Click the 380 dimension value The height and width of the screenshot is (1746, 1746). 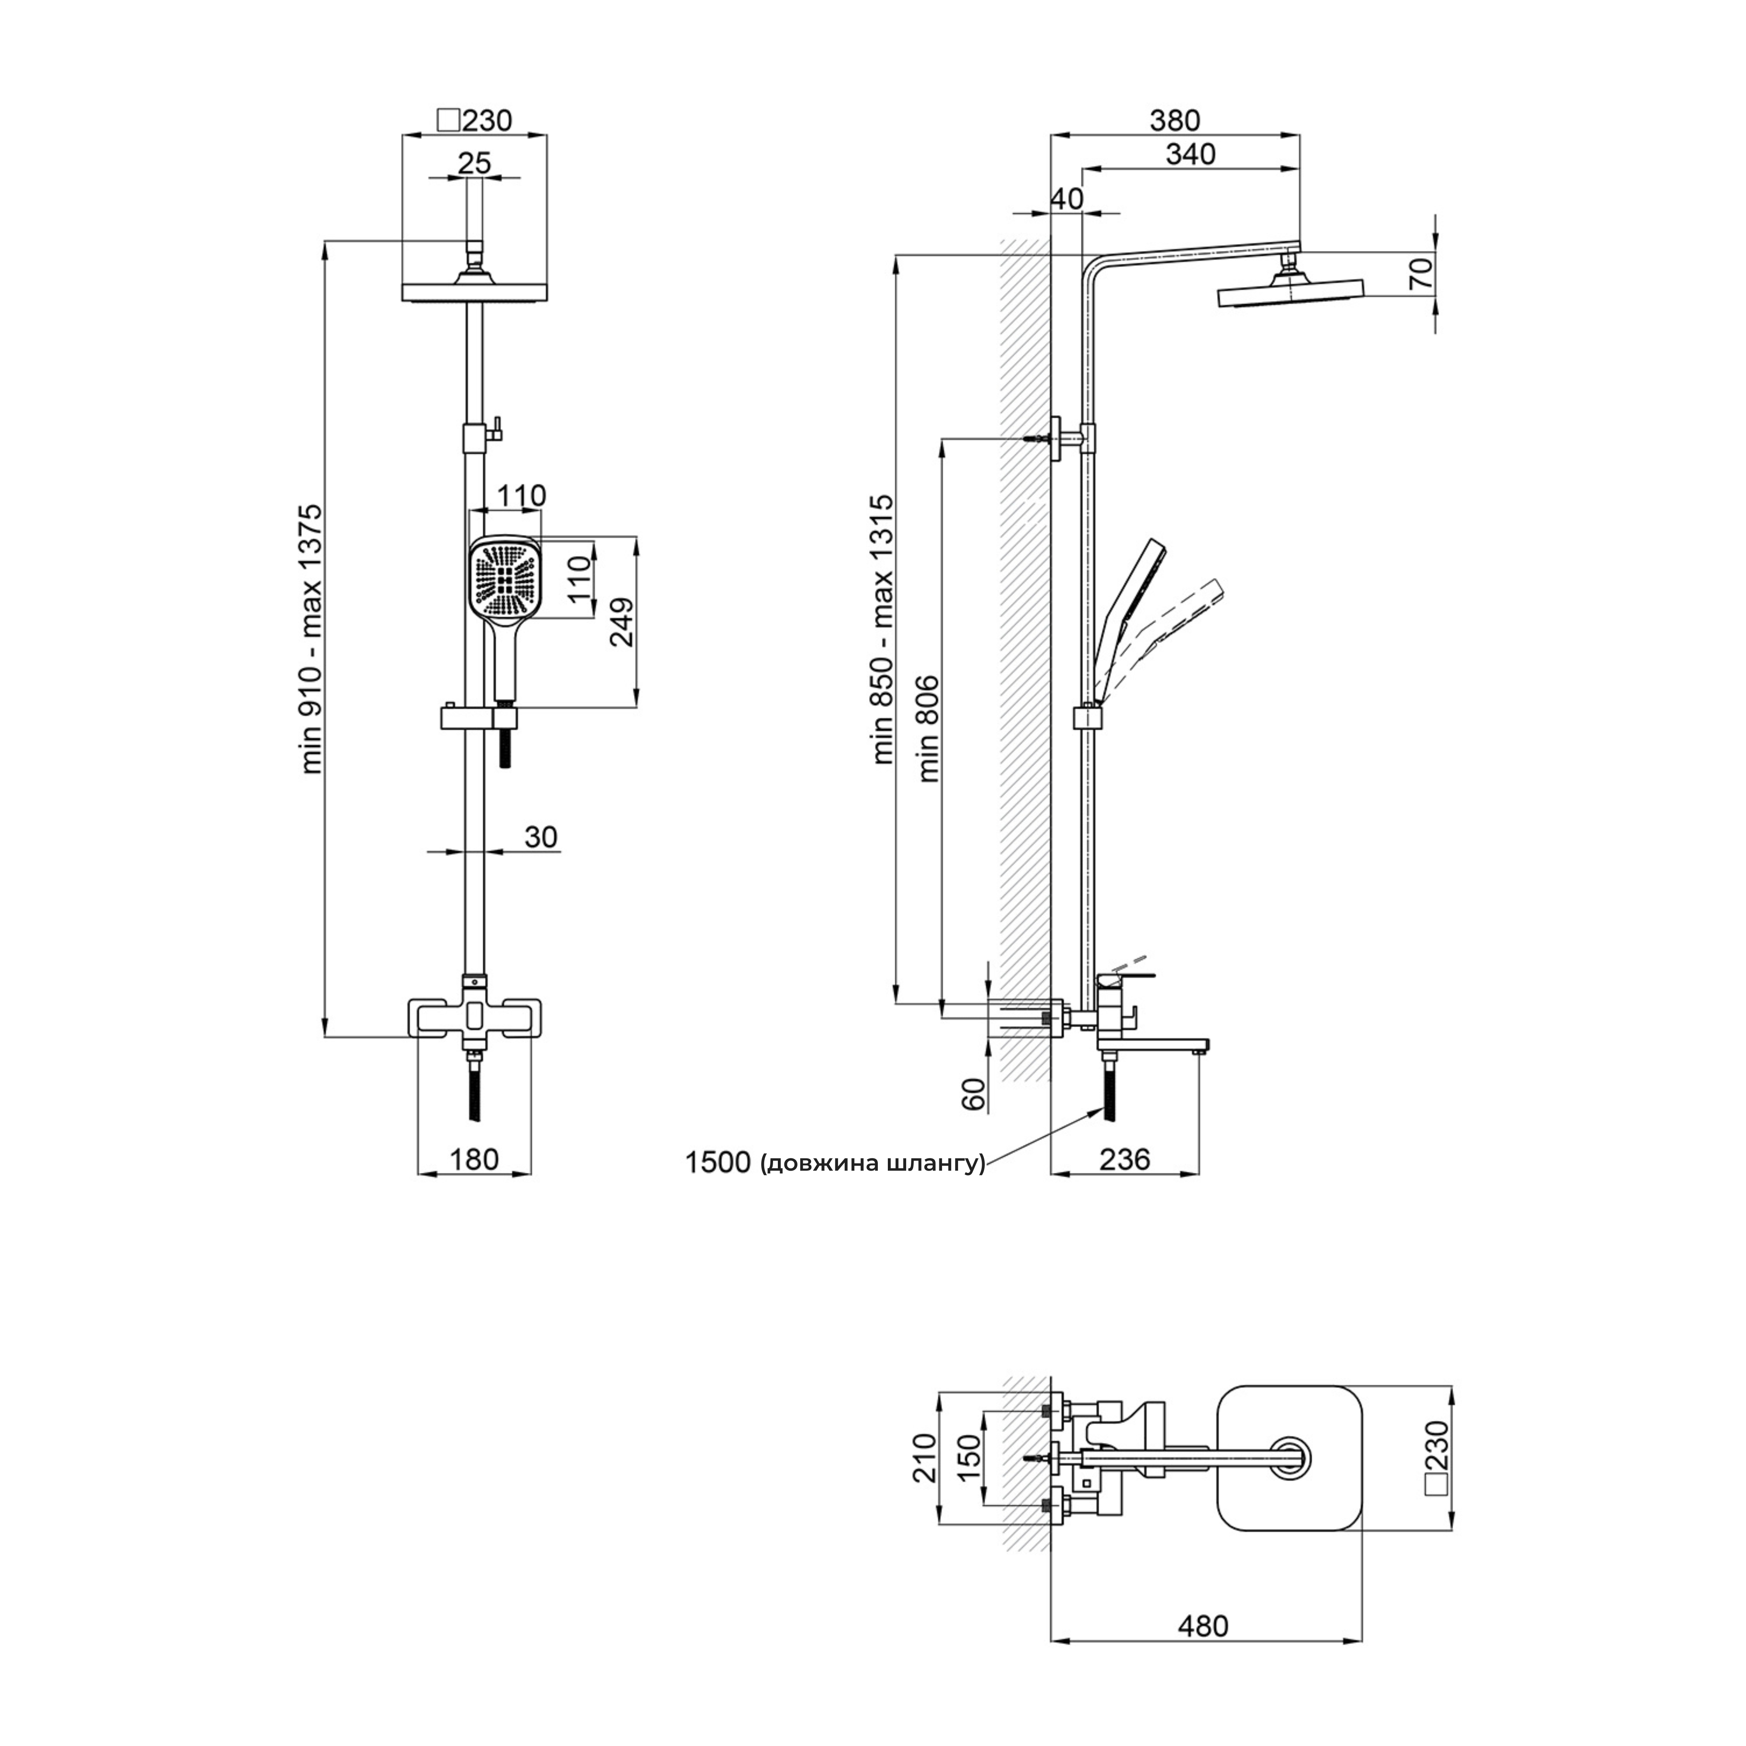[x=1175, y=120]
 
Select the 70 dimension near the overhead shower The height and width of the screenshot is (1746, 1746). [x=1420, y=273]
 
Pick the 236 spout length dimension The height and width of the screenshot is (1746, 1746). [x=1125, y=1159]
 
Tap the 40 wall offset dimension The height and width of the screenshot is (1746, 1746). [x=1067, y=199]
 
